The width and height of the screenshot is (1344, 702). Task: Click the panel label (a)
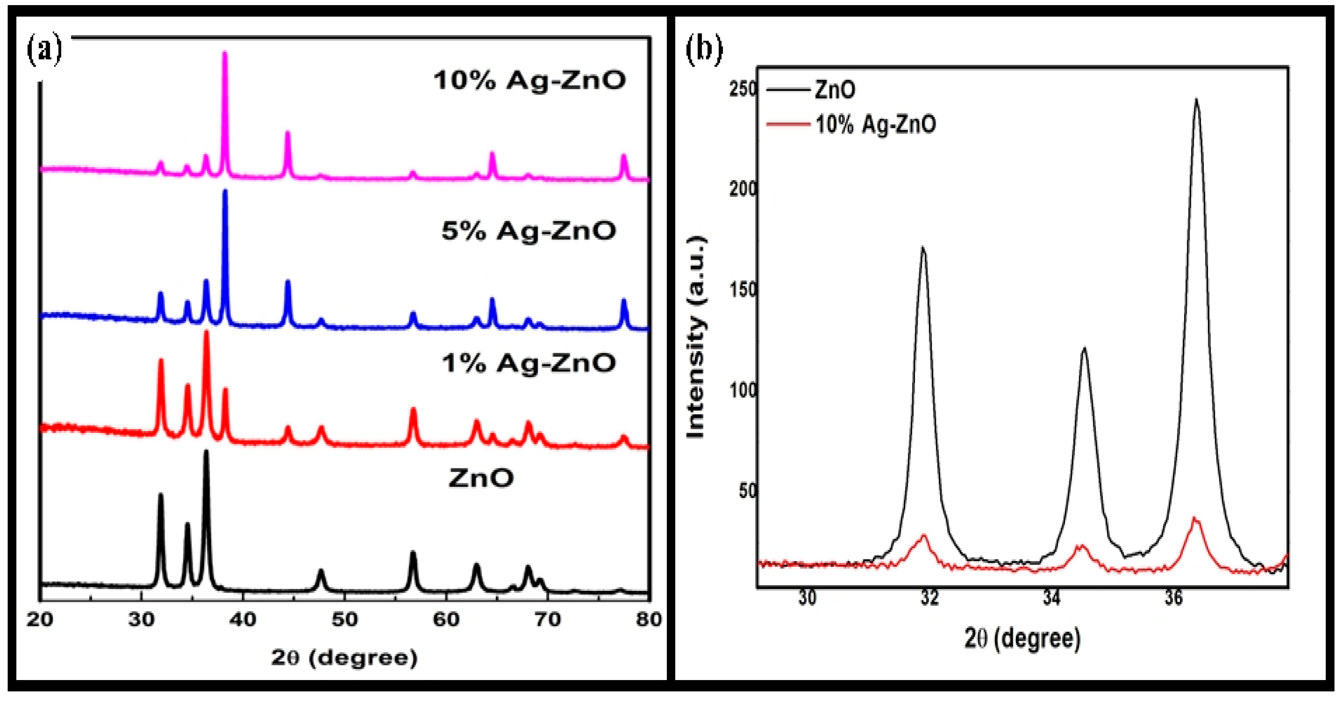point(44,50)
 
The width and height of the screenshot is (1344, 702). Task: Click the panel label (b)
point(704,50)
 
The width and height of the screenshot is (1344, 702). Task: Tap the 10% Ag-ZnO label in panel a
point(530,81)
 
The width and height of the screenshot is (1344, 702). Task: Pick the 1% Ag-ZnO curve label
point(528,363)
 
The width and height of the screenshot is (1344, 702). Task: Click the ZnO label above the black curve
point(481,478)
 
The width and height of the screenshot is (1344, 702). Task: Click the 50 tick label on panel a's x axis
point(345,620)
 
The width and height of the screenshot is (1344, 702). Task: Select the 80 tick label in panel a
point(648,620)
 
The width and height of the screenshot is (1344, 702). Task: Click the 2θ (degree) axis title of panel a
point(345,658)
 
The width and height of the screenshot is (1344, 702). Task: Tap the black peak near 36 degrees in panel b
point(1196,101)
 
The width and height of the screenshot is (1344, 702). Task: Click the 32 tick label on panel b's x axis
point(929,598)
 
